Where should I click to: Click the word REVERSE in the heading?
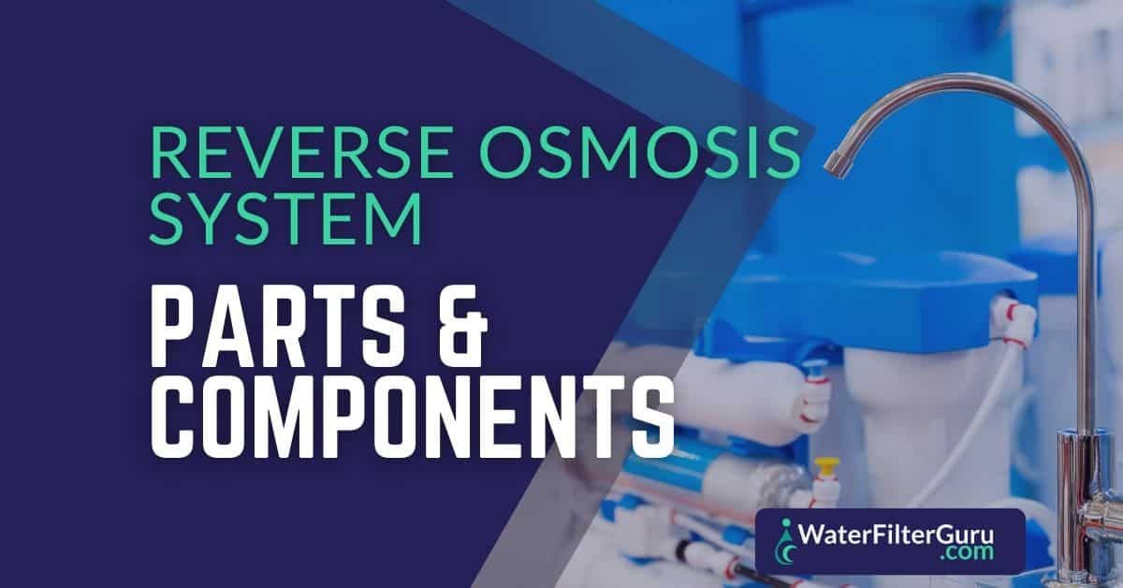301,152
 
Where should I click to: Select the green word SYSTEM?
285,219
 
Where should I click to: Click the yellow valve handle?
826,463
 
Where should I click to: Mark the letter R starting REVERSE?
170,152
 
